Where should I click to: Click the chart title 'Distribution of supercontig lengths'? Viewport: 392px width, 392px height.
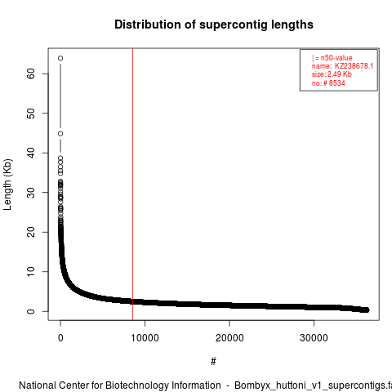(x=214, y=24)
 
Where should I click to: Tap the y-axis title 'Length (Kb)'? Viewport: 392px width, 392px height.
(x=7, y=185)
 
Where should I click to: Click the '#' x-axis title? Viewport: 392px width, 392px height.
(x=213, y=362)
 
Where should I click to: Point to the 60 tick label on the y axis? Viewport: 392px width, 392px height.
(x=31, y=73)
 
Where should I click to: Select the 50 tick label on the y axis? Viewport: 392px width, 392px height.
(x=31, y=114)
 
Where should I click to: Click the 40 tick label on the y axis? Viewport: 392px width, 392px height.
(x=31, y=153)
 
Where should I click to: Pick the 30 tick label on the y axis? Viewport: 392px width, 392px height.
(x=31, y=193)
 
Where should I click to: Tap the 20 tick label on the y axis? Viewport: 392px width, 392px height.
(x=31, y=232)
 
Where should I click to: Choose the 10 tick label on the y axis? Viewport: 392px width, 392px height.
(x=31, y=272)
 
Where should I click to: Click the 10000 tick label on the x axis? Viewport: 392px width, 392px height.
(x=145, y=338)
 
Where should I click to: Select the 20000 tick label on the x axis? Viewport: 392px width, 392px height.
(x=229, y=338)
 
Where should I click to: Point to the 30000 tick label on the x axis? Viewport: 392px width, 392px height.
(x=314, y=338)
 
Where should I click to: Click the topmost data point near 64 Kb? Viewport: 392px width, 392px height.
(x=60, y=58)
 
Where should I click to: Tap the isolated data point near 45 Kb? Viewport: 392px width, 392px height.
(x=60, y=134)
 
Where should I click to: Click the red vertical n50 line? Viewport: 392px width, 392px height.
(x=132, y=185)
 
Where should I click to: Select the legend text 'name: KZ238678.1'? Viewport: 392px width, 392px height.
(x=342, y=66)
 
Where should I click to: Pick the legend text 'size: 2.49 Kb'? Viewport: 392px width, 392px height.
(x=332, y=74)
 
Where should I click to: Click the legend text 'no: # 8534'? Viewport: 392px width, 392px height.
(x=328, y=83)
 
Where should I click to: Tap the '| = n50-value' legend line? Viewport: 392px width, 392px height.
(x=332, y=58)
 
